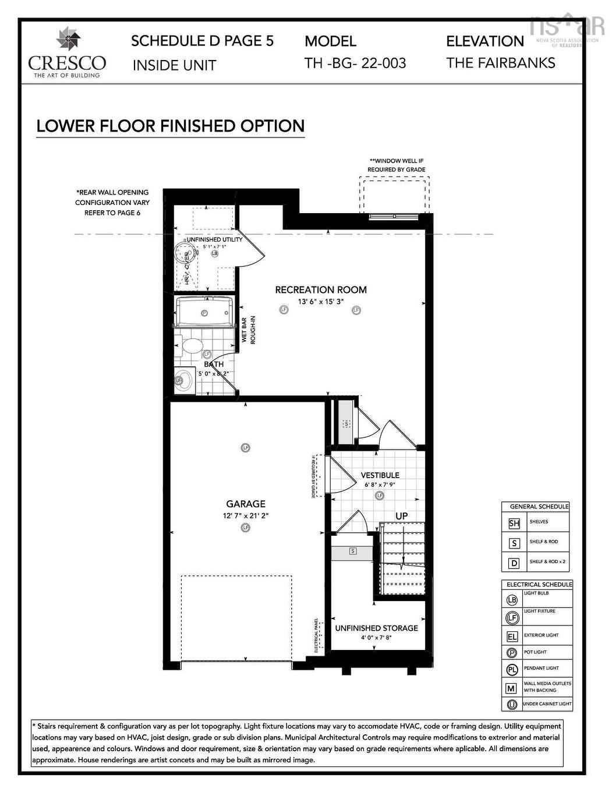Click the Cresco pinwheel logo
68,40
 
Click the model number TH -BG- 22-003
355,63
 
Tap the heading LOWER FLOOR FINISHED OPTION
170,126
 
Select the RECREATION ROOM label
320,289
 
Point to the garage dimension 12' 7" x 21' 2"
245,516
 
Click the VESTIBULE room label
380,475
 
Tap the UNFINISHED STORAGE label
376,628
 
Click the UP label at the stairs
401,516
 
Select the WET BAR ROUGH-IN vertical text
248,330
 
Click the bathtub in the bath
204,312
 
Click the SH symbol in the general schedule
514,523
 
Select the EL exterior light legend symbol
512,637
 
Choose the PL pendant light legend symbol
512,670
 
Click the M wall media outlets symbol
511,688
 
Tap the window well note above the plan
396,165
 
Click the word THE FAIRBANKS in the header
500,63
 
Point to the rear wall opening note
112,203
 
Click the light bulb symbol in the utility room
214,253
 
